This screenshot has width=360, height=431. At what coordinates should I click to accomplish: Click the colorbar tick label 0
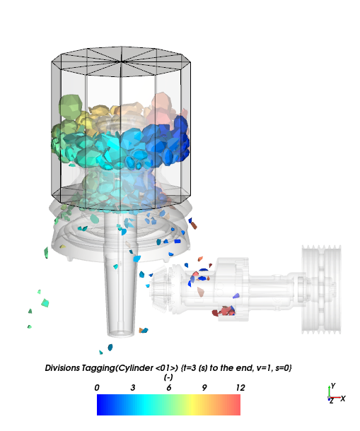(97, 388)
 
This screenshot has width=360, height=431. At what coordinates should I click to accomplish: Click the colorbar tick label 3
(133, 388)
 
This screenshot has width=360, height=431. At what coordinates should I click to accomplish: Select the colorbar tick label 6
(169, 388)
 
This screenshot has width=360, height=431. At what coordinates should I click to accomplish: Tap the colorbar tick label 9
(204, 388)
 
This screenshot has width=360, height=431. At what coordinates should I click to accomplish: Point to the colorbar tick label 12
(240, 388)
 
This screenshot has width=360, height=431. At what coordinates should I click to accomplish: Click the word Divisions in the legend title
(62, 368)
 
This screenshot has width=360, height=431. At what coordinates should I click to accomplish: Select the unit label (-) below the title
(168, 377)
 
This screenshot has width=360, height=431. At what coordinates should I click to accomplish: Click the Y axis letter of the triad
(333, 386)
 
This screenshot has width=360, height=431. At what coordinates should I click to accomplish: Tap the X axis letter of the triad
(342, 398)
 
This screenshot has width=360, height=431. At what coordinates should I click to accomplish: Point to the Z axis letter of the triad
(332, 401)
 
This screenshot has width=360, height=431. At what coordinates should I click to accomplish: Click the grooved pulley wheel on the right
(321, 290)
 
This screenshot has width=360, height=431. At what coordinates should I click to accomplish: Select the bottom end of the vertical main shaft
(121, 333)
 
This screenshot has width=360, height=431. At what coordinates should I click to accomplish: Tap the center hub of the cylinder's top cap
(121, 61)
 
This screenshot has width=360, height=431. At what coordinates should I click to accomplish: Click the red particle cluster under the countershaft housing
(223, 311)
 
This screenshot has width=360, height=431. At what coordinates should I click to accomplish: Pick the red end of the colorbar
(236, 405)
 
